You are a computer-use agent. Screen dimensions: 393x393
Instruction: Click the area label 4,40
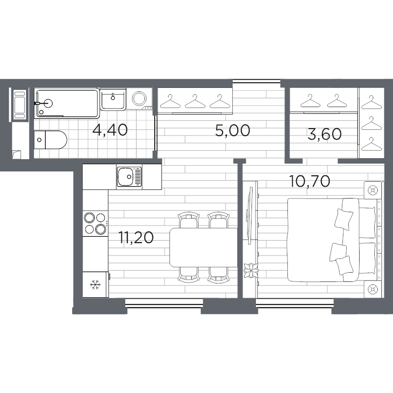pyautogui.click(x=110, y=130)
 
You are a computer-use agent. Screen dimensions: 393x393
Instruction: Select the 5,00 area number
pyautogui.click(x=232, y=130)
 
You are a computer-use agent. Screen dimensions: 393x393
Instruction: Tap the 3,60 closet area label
pyautogui.click(x=324, y=134)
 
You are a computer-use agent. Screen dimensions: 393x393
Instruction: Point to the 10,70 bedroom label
pyautogui.click(x=309, y=181)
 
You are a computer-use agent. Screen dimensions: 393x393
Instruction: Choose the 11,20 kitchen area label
pyautogui.click(x=136, y=237)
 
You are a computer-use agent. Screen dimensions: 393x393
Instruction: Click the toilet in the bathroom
pyautogui.click(x=51, y=140)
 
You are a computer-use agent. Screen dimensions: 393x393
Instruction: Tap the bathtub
pyautogui.click(x=67, y=103)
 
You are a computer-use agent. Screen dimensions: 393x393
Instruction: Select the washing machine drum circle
pyautogui.click(x=139, y=99)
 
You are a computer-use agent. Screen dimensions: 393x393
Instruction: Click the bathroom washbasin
pyautogui.click(x=113, y=99)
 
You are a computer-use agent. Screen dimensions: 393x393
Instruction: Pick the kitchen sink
pyautogui.click(x=129, y=176)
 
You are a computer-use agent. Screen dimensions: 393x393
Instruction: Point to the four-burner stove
pyautogui.click(x=95, y=223)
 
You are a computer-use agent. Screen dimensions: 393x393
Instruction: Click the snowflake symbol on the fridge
pyautogui.click(x=95, y=285)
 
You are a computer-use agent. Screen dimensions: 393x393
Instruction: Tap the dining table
pyautogui.click(x=203, y=248)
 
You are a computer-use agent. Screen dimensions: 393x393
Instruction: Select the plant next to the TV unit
pyautogui.click(x=251, y=271)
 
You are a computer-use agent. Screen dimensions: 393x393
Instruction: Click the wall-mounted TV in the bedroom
pyautogui.click(x=250, y=215)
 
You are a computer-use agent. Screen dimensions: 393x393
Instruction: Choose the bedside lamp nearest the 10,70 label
pyautogui.click(x=372, y=191)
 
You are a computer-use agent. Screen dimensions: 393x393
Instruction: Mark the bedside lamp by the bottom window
pyautogui.click(x=372, y=289)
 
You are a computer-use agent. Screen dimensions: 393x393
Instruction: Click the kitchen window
pyautogui.click(x=164, y=303)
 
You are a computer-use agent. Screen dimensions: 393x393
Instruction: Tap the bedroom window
pyautogui.click(x=295, y=303)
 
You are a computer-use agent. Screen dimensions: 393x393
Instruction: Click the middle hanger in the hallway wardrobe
pyautogui.click(x=195, y=101)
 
